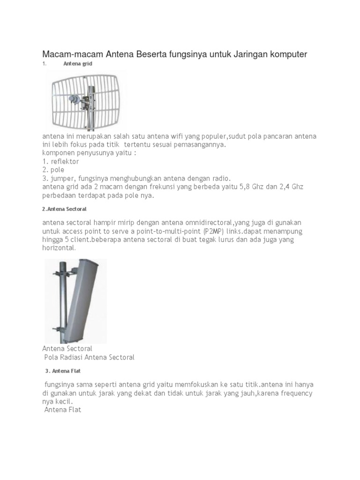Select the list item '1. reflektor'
click(60, 162)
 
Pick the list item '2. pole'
click(53, 170)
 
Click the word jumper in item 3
click(63, 179)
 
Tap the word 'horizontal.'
click(59, 248)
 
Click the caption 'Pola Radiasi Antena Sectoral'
click(89, 357)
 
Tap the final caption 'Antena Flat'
click(63, 410)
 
